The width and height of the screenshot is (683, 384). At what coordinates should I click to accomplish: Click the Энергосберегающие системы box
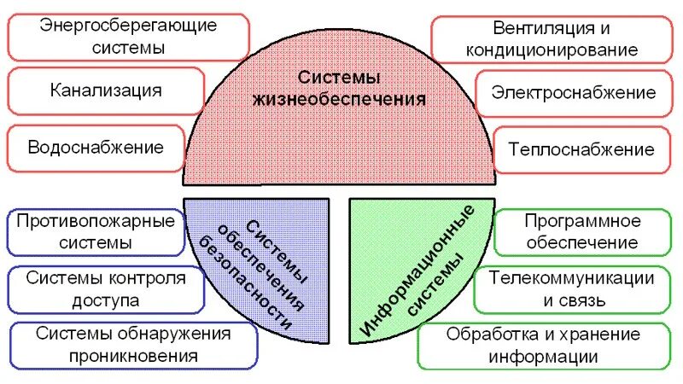click(x=128, y=36)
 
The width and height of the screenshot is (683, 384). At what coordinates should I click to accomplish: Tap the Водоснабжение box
click(x=96, y=148)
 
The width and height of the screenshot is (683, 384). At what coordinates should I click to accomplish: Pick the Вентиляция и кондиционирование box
click(x=552, y=38)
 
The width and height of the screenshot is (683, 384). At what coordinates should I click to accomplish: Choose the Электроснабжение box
click(x=573, y=93)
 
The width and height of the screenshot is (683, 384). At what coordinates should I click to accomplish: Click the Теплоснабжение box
click(x=581, y=149)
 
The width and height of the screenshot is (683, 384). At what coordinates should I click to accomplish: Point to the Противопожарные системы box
click(x=96, y=231)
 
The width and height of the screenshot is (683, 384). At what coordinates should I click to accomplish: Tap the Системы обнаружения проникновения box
click(x=133, y=345)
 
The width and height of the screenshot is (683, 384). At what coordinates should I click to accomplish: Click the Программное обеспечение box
click(x=581, y=231)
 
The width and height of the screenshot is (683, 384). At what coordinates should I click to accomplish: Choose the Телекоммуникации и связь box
click(x=571, y=289)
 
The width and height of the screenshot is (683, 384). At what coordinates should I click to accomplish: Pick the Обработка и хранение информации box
click(x=543, y=345)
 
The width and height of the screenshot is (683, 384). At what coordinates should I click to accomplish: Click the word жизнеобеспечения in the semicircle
click(x=339, y=98)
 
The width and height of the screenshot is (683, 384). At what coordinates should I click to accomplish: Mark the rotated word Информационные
click(x=419, y=270)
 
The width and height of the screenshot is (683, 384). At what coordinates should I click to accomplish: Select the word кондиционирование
click(x=552, y=49)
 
